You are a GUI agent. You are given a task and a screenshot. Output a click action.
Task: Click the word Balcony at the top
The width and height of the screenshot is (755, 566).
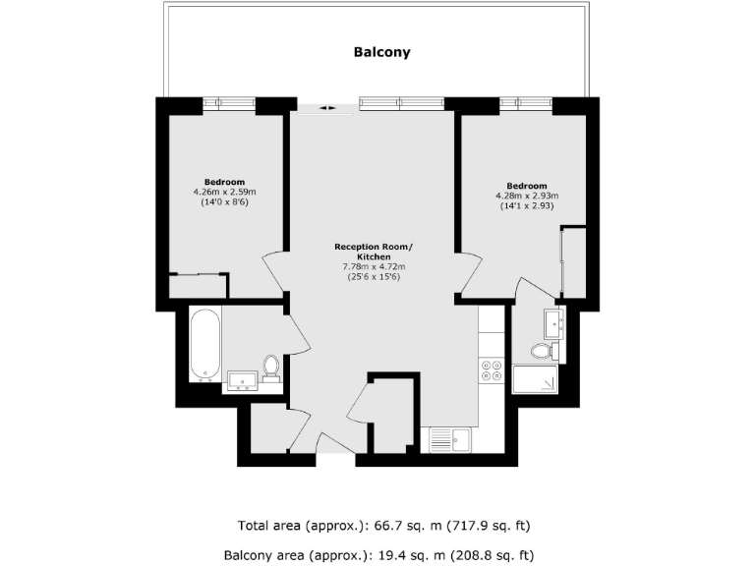[381, 52]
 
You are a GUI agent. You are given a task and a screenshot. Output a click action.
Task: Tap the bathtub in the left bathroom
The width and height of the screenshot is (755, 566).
[205, 343]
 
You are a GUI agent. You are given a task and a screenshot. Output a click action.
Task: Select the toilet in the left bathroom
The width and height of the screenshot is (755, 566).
[271, 368]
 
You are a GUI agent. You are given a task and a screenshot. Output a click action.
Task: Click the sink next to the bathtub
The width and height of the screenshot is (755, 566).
[242, 379]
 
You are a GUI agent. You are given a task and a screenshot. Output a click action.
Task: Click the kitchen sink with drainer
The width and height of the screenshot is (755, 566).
[450, 438]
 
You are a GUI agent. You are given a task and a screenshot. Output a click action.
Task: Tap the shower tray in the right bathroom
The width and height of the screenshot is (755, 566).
[535, 378]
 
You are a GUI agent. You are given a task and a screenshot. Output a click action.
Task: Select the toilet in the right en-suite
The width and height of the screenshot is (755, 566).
[543, 351]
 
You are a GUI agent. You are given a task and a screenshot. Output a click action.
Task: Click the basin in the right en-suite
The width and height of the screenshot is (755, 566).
[553, 321]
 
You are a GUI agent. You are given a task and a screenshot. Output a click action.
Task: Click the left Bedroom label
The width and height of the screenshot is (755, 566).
[224, 182]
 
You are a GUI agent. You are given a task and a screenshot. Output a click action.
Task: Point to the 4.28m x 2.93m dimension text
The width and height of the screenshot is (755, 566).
[526, 197]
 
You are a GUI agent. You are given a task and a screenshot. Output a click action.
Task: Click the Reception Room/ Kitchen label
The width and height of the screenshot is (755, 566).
[374, 252]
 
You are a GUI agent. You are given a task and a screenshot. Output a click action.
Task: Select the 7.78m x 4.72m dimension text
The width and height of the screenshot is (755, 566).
[374, 266]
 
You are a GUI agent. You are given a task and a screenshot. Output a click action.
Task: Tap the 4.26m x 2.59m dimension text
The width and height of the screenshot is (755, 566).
[224, 192]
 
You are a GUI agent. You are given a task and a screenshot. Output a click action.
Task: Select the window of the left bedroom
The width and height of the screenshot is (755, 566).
[228, 102]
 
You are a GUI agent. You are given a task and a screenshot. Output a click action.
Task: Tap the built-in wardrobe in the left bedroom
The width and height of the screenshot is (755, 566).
[199, 286]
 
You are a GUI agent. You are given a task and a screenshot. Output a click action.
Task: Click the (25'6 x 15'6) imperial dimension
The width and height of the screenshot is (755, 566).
[374, 276]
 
